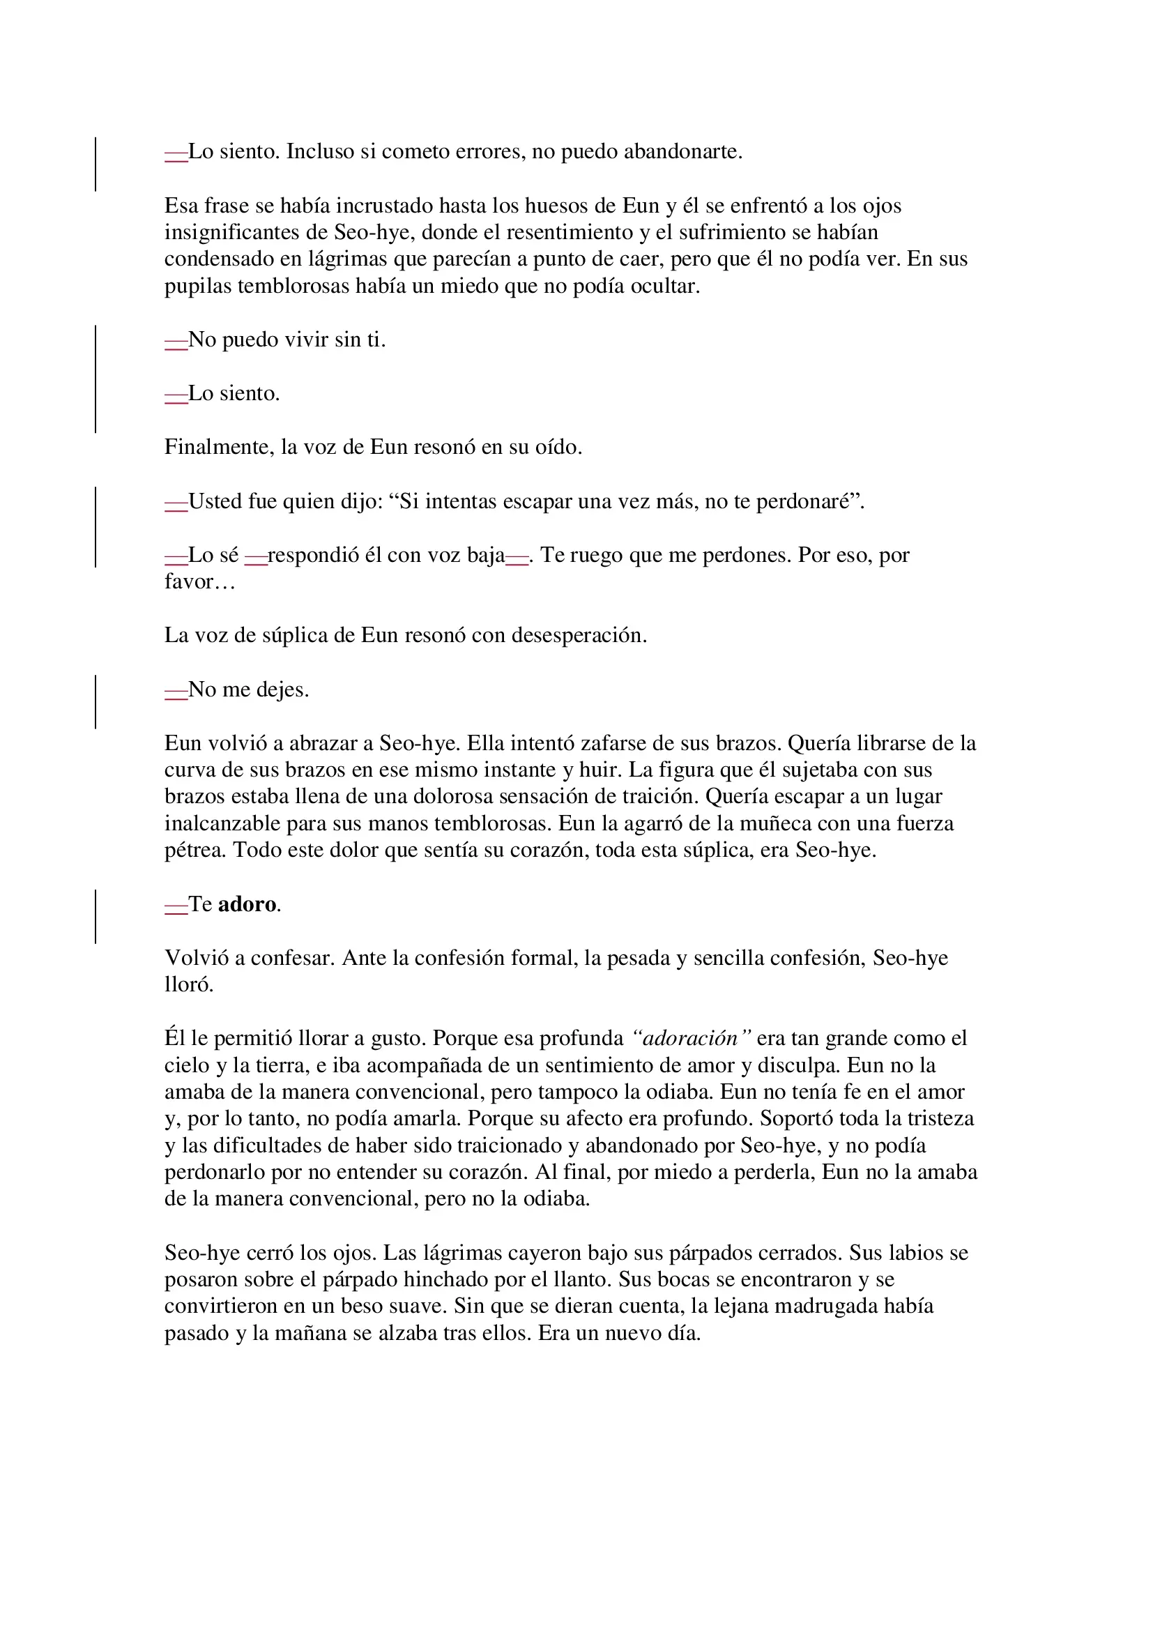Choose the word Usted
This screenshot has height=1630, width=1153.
(215, 502)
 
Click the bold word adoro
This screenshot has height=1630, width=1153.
(247, 904)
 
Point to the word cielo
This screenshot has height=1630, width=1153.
(187, 1065)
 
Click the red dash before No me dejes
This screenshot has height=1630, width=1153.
(176, 691)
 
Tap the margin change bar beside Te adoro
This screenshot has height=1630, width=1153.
(96, 916)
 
